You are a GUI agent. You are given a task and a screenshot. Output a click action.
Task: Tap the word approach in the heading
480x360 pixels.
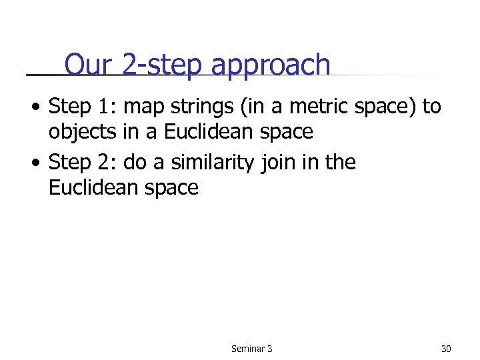pos(271,66)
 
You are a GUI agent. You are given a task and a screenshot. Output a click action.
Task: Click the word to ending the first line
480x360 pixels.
pos(431,106)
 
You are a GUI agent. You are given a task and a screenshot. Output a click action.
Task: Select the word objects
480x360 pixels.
pos(83,132)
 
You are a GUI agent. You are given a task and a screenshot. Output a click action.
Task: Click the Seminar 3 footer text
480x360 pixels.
pos(251,349)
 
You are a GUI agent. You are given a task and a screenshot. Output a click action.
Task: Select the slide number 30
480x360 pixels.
pos(446,349)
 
